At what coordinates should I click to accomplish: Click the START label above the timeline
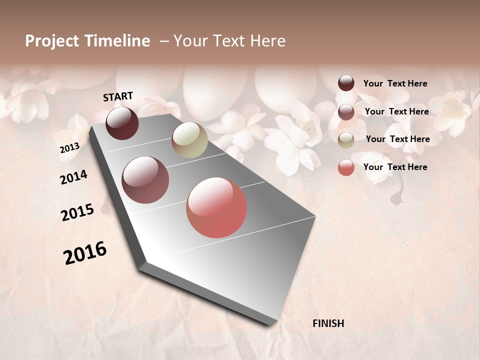[118, 96]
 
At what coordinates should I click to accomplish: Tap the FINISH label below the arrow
[328, 323]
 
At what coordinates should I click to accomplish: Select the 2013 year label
[69, 148]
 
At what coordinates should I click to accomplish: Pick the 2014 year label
[73, 177]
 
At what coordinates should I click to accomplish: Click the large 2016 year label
[85, 252]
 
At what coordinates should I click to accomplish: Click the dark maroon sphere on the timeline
[122, 123]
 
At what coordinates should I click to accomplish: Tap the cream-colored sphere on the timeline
[189, 140]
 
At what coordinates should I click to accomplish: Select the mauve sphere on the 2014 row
[145, 180]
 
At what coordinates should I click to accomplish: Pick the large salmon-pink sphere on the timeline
[216, 207]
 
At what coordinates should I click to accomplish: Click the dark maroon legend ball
[346, 83]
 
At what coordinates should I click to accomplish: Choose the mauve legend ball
[346, 112]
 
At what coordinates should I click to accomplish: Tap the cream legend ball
[346, 140]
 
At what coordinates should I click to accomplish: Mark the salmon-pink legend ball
[346, 167]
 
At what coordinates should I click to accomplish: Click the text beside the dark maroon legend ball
[395, 83]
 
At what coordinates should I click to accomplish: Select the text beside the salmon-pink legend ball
[395, 167]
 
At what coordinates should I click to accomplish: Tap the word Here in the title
[268, 41]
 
